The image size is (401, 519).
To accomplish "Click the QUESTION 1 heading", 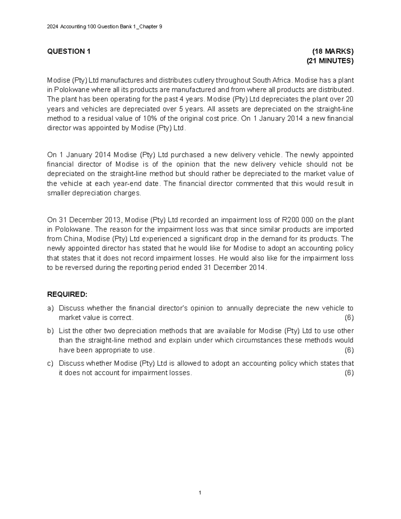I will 69,51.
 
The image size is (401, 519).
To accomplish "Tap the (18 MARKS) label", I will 332,51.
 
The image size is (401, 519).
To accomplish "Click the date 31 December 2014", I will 234,268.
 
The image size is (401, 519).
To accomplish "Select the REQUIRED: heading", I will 67,294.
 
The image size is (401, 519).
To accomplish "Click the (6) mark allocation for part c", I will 349,373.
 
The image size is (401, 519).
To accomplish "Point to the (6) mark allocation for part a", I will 349,317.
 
